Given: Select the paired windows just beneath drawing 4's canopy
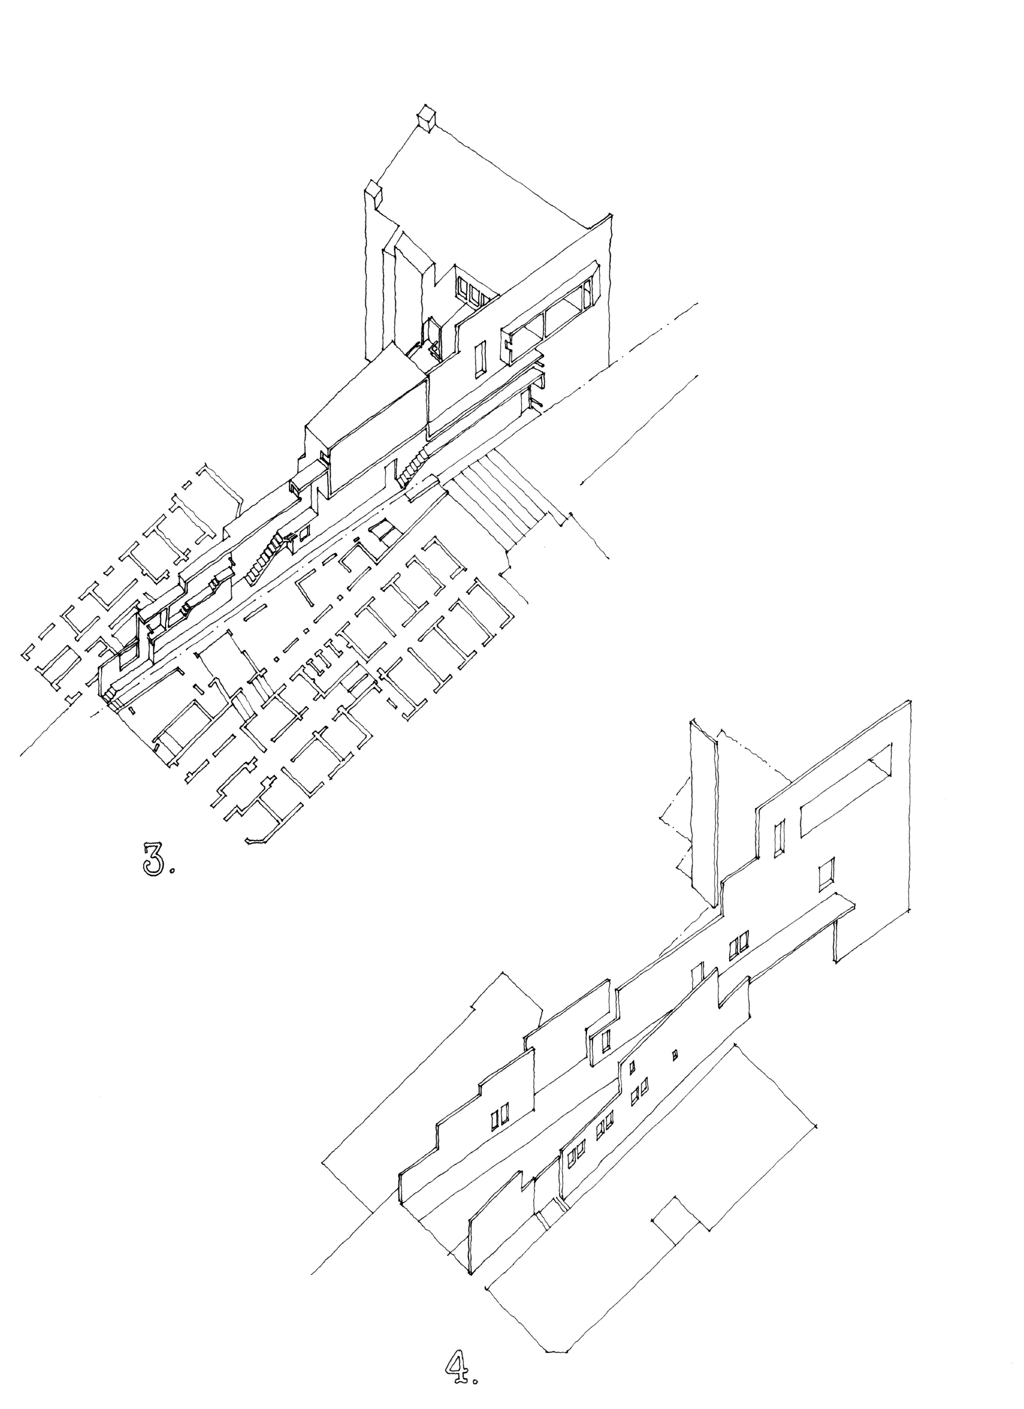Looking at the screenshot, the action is [x=739, y=943].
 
